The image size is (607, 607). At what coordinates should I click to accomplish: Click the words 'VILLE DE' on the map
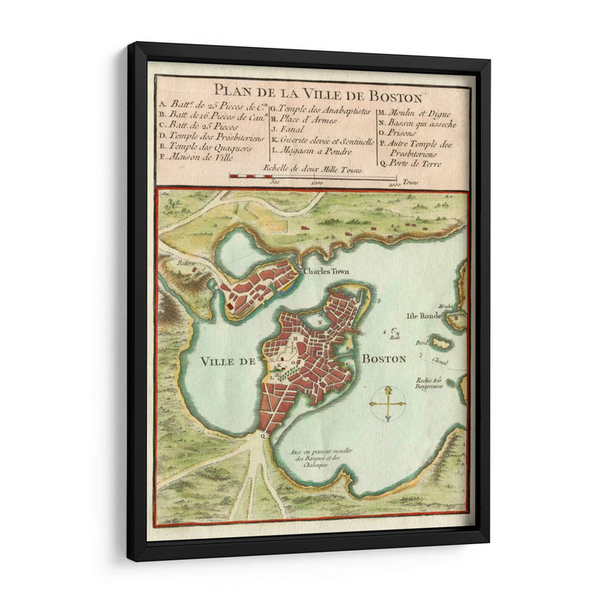(x=228, y=362)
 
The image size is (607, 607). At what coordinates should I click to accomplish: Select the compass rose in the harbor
(x=387, y=403)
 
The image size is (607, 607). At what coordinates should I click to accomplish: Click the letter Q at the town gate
(x=263, y=436)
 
